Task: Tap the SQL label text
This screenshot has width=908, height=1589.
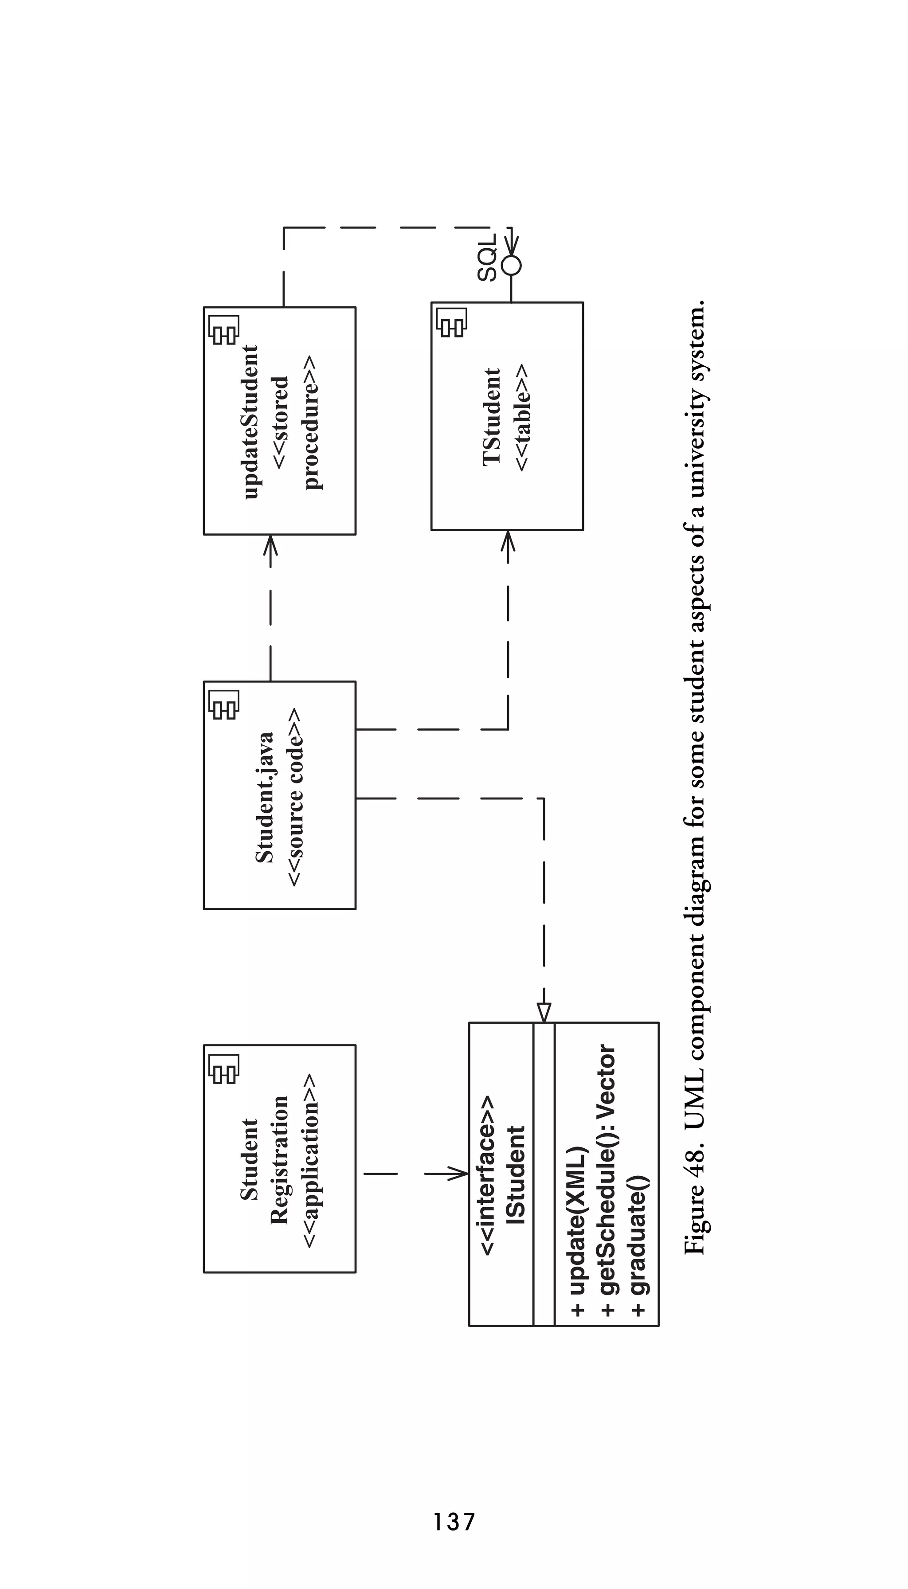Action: (487, 257)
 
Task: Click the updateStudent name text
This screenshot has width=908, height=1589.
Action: (250, 422)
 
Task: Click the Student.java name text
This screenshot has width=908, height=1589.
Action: (264, 798)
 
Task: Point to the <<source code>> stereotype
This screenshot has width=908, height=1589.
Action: (294, 797)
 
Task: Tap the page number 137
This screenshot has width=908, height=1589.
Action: (454, 1522)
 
